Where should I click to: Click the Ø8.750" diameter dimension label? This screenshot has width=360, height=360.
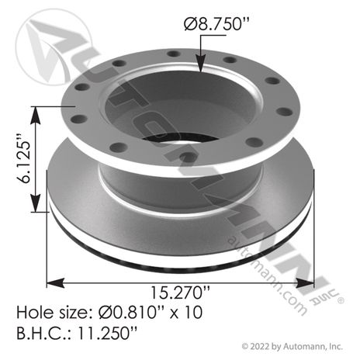pyautogui.click(x=216, y=24)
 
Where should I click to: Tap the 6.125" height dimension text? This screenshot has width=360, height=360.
pyautogui.click(x=26, y=158)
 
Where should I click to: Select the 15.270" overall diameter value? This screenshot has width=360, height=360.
pyautogui.click(x=180, y=292)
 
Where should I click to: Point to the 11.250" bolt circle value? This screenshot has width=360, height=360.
pyautogui.click(x=107, y=333)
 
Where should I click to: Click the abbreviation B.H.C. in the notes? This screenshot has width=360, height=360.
pyautogui.click(x=45, y=333)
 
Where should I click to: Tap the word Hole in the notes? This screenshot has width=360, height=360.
pyautogui.click(x=33, y=312)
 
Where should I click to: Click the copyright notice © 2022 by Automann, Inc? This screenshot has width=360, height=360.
pyautogui.click(x=292, y=346)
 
